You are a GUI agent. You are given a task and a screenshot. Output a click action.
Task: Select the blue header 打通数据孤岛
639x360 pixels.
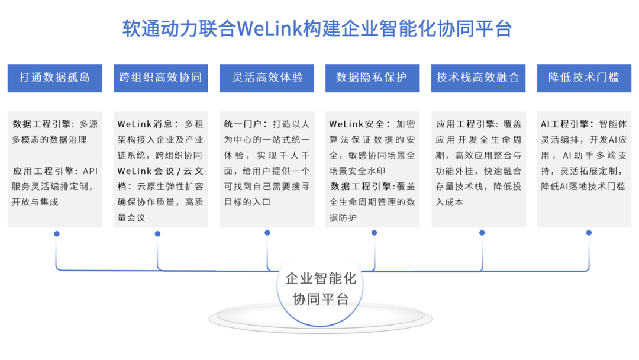[54, 78]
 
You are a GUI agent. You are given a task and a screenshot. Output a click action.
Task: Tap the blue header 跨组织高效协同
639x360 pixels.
[160, 78]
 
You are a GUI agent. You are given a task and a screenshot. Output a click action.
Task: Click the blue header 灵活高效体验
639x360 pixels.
[266, 78]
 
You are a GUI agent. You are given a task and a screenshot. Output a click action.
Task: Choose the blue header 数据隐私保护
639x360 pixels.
[372, 78]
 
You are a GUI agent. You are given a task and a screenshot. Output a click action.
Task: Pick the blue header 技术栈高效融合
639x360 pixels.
[478, 78]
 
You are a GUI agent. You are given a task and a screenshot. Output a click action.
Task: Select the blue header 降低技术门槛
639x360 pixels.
[584, 78]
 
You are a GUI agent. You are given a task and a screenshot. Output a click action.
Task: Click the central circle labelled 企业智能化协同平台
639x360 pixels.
[320, 288]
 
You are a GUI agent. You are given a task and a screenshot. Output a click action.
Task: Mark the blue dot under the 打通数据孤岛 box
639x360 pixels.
[57, 234]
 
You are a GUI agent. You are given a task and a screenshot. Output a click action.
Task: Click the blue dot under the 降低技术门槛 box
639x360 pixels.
[589, 233]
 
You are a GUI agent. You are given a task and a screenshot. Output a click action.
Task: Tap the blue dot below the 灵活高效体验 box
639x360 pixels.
[267, 233]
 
